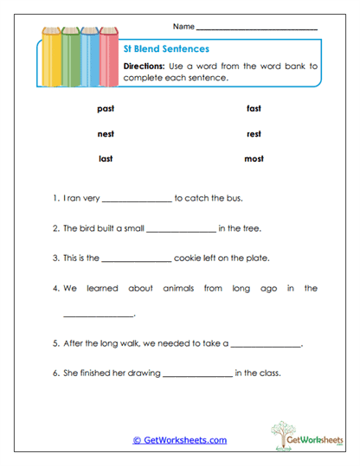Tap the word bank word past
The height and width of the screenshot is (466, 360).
(106, 109)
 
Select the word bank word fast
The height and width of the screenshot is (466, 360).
(254, 109)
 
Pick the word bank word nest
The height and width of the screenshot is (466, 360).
(106, 134)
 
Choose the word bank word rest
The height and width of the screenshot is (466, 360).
(254, 134)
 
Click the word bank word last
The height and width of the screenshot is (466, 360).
(106, 159)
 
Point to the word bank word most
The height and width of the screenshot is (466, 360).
(254, 159)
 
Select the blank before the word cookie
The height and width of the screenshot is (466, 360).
(137, 259)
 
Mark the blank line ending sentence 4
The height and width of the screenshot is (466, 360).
(99, 316)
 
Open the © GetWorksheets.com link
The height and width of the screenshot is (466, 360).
(180, 440)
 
